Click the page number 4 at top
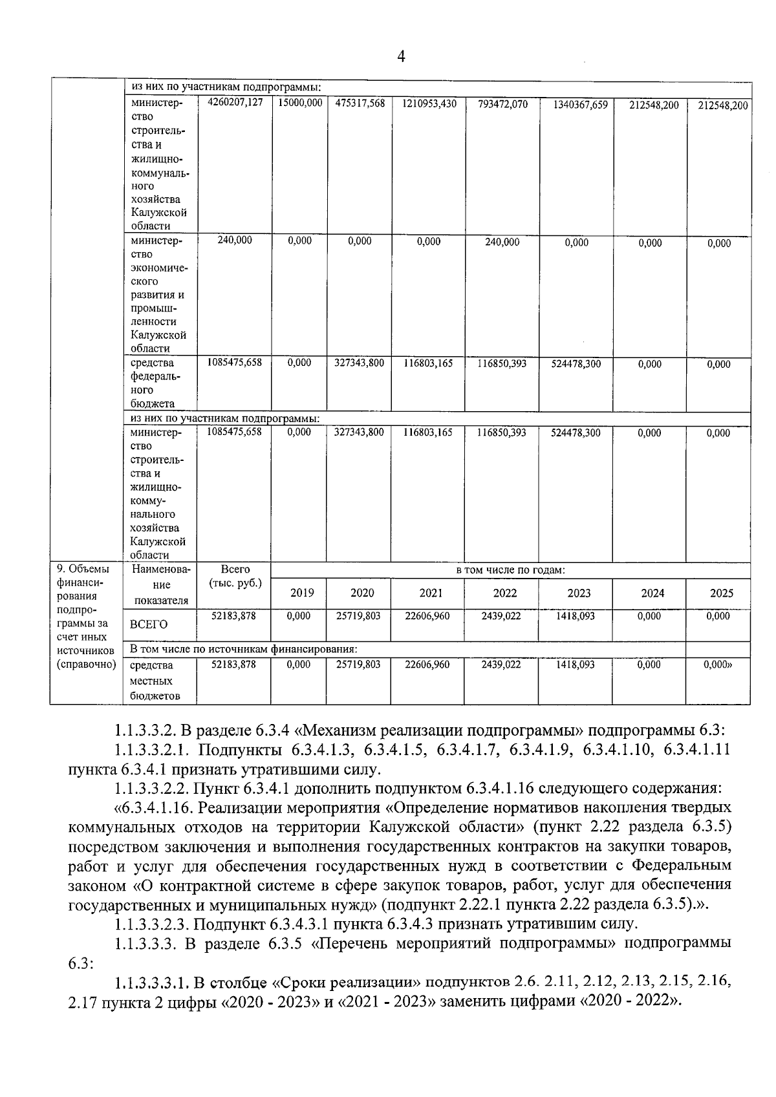(x=401, y=58)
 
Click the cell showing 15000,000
(x=299, y=103)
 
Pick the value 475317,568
(x=360, y=103)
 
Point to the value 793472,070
(x=502, y=104)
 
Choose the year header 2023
(x=579, y=593)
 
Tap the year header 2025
(x=722, y=593)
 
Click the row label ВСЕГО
(x=149, y=624)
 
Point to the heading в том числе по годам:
(x=511, y=570)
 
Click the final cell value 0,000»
(x=718, y=665)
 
